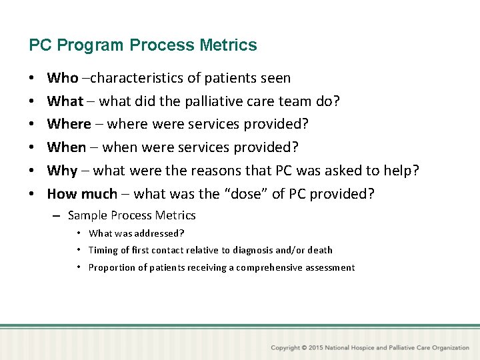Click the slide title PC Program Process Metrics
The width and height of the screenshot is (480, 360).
pyautogui.click(x=143, y=45)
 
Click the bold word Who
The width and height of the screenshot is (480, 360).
pyautogui.click(x=63, y=78)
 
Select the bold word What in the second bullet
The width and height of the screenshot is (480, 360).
pyautogui.click(x=65, y=101)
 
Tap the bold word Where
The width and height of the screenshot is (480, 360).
pyautogui.click(x=69, y=124)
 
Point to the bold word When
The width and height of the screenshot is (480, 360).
pyautogui.click(x=67, y=147)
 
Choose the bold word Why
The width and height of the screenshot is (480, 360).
pyautogui.click(x=63, y=171)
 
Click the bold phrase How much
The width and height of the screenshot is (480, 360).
pyautogui.click(x=82, y=194)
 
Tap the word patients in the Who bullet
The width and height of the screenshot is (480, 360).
pyautogui.click(x=229, y=78)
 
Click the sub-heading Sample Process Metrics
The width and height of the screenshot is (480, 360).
pyautogui.click(x=131, y=215)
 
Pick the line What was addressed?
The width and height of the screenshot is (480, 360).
pyautogui.click(x=137, y=233)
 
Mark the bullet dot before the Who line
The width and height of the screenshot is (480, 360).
pyautogui.click(x=33, y=78)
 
